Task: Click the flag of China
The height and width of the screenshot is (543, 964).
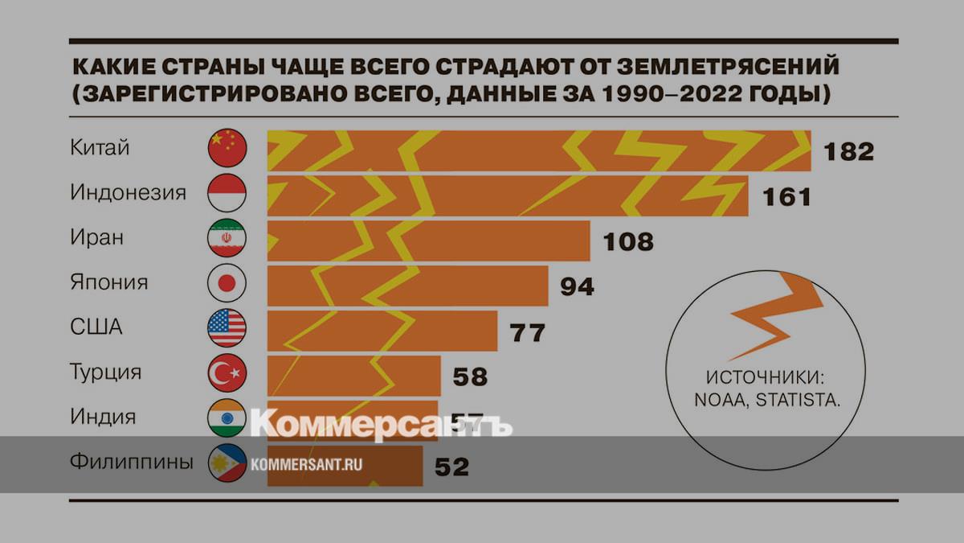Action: pyautogui.click(x=227, y=148)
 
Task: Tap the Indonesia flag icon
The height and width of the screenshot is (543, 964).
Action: pyautogui.click(x=227, y=193)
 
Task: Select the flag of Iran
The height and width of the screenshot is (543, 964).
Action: pyautogui.click(x=227, y=238)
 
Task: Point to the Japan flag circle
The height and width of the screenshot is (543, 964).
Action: pyautogui.click(x=227, y=283)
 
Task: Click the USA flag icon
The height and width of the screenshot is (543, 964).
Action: pyautogui.click(x=227, y=328)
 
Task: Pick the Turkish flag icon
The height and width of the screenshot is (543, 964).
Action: pyautogui.click(x=227, y=373)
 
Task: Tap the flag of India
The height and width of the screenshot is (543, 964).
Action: pyautogui.click(x=227, y=418)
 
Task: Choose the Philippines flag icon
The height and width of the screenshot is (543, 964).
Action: pyautogui.click(x=227, y=463)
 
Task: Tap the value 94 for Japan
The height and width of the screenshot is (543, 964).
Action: pyautogui.click(x=577, y=286)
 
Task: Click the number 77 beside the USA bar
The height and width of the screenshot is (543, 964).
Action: pyautogui.click(x=528, y=331)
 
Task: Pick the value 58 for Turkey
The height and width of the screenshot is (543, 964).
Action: pyautogui.click(x=470, y=376)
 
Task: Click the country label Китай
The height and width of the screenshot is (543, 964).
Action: pyautogui.click(x=100, y=148)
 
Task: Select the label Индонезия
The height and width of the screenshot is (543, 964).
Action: pyautogui.click(x=129, y=193)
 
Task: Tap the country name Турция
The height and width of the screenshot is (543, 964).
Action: pyautogui.click(x=106, y=373)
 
